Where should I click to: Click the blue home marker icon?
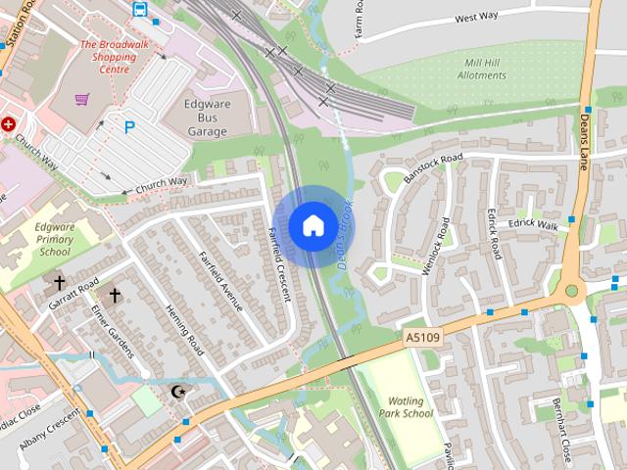313,226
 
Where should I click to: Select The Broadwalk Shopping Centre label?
114,57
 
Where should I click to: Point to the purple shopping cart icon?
82,99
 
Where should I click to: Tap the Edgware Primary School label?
55,239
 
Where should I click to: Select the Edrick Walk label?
533,225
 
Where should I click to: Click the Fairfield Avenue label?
221,282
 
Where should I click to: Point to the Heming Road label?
184,329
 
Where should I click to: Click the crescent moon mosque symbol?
177,392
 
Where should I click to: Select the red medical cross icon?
9,124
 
